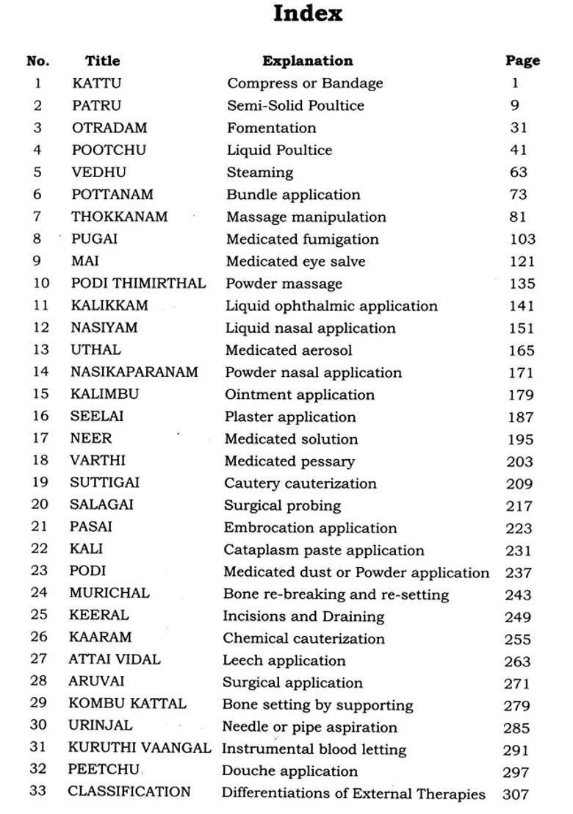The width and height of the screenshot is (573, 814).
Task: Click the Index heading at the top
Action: click(308, 14)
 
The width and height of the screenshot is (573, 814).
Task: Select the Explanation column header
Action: click(307, 61)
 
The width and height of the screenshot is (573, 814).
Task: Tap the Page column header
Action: click(522, 61)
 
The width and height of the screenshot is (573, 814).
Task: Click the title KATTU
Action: click(96, 83)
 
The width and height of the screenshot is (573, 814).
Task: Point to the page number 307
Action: click(516, 794)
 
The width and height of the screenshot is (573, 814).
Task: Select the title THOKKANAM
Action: click(119, 217)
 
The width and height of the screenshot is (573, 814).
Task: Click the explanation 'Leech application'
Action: click(284, 660)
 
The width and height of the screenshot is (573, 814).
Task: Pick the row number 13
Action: click(40, 350)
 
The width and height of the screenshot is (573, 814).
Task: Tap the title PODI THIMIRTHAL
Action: click(138, 283)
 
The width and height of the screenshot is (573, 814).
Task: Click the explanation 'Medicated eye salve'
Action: click(295, 261)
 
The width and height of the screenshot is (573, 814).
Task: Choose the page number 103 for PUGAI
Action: click(522, 239)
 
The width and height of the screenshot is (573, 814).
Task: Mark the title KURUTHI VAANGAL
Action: click(140, 749)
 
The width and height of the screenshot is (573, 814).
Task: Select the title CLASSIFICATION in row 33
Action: click(129, 792)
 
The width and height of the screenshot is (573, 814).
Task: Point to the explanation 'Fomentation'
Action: click(271, 128)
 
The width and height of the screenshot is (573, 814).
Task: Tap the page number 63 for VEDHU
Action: click(519, 173)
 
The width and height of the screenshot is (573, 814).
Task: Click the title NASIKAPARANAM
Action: click(134, 372)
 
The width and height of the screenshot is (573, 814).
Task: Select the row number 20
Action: click(40, 505)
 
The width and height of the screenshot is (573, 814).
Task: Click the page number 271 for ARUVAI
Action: click(516, 683)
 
